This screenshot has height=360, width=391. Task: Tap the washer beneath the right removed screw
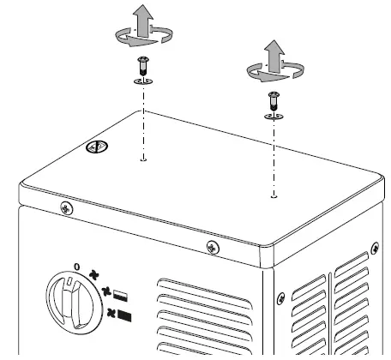click(274, 115)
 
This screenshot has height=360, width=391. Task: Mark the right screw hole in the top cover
click(274, 195)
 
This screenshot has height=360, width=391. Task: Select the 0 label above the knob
click(77, 267)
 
